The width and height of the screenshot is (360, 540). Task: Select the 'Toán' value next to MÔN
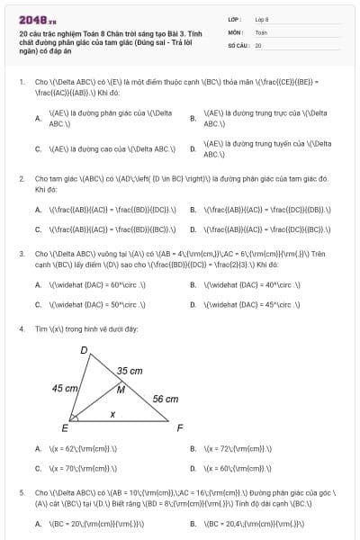click(261, 31)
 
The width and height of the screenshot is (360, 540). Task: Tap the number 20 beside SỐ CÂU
click(258, 44)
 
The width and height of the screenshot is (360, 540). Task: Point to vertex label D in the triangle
click(85, 349)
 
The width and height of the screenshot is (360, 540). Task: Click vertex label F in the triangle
click(180, 427)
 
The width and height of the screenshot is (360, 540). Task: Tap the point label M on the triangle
click(121, 389)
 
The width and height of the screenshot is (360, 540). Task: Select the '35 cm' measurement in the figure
click(130, 371)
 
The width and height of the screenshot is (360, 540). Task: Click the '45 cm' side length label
click(64, 388)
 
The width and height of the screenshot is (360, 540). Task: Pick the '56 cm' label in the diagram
click(165, 398)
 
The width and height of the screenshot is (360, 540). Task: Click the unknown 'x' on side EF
click(112, 414)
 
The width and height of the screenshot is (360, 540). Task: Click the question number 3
click(21, 255)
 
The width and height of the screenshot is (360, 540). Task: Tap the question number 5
click(21, 493)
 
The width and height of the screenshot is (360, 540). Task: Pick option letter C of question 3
click(38, 304)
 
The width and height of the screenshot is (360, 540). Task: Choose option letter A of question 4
click(38, 448)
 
